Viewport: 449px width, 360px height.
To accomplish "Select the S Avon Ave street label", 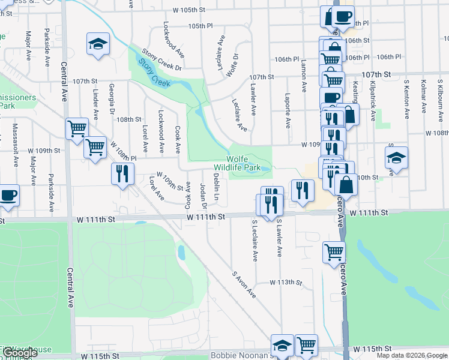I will (x=244, y=284).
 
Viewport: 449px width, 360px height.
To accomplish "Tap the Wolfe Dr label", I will (x=233, y=65).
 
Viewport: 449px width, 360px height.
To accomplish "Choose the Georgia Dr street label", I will (x=112, y=99).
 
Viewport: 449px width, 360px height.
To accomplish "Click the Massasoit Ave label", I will (x=15, y=137).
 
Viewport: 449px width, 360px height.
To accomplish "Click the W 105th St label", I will (x=188, y=10).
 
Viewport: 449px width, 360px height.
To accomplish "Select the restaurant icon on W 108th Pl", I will (x=122, y=174).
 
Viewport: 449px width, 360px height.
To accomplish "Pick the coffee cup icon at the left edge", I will (x=8, y=196).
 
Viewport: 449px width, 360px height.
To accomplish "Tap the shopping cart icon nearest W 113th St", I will (x=334, y=251).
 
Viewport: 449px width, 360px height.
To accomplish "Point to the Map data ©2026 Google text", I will (x=411, y=355).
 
